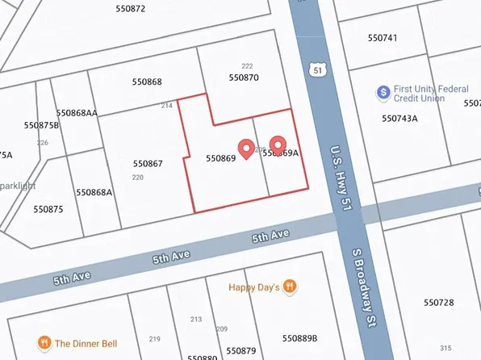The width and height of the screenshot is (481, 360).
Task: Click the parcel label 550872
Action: click(x=130, y=9)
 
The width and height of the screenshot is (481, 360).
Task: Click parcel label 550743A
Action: click(x=399, y=118)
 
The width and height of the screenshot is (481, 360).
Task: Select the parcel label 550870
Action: click(x=244, y=77)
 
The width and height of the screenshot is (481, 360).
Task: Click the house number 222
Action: click(x=247, y=66)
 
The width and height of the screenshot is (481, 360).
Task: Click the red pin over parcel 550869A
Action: click(x=278, y=144)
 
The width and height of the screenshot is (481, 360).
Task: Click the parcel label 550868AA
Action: click(x=77, y=113)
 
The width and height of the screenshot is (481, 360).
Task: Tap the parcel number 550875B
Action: click(x=41, y=125)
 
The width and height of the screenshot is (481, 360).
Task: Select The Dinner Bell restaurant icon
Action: click(x=44, y=343)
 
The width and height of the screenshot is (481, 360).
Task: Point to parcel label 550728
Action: click(x=439, y=302)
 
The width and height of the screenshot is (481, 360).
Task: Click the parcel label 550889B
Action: click(x=299, y=337)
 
